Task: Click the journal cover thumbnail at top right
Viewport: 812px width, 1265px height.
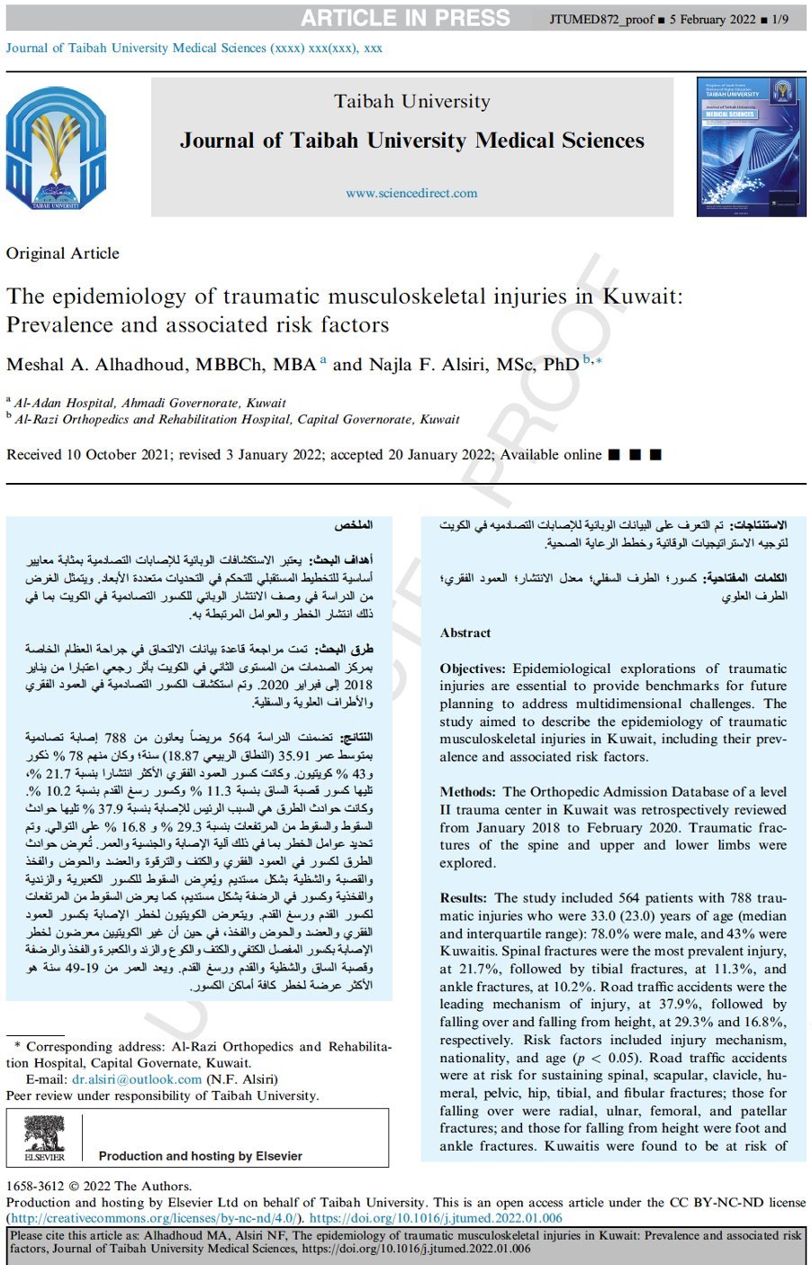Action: (x=751, y=147)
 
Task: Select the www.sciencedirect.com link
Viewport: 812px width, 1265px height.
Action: (x=411, y=193)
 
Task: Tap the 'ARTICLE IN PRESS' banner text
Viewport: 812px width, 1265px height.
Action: (x=405, y=18)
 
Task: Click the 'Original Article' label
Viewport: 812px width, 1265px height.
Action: (x=63, y=253)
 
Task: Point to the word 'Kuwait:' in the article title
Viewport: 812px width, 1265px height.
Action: (x=642, y=296)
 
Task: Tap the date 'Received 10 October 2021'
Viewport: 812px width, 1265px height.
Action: (x=88, y=455)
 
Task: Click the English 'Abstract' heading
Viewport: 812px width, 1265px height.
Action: (x=465, y=633)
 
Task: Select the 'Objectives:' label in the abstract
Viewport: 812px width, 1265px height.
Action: (x=473, y=669)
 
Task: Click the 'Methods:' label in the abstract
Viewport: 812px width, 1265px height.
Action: (x=467, y=792)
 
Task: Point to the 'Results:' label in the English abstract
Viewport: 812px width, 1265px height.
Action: (x=464, y=898)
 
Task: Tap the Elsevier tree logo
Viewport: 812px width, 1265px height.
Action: (x=44, y=1137)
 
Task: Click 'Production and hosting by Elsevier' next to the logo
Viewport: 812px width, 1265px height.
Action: (x=200, y=1156)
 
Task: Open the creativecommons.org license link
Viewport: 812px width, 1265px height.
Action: (x=152, y=1218)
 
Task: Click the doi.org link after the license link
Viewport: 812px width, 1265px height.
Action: (x=436, y=1218)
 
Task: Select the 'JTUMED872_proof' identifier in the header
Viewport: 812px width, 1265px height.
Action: (x=601, y=19)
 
